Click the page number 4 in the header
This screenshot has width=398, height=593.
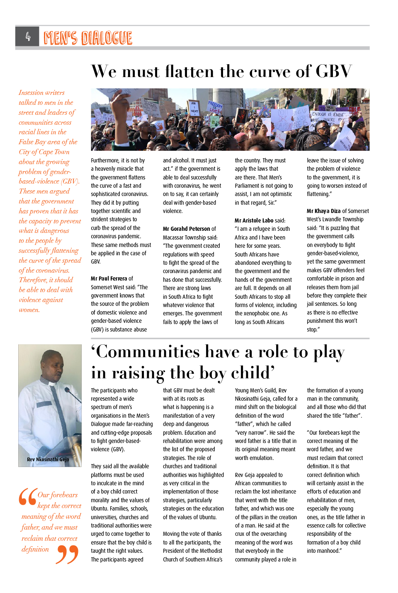(28, 37)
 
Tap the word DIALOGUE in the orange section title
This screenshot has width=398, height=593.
(107, 38)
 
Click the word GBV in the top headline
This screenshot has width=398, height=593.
(334, 71)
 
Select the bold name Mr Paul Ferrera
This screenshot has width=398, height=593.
(109, 278)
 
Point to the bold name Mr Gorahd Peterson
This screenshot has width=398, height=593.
(187, 229)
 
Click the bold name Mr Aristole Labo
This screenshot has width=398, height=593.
(254, 220)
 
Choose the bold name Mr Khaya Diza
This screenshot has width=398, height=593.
(323, 211)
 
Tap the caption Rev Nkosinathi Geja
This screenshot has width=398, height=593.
(48, 459)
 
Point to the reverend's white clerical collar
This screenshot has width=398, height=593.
(51, 383)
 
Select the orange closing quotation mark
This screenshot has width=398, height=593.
(67, 554)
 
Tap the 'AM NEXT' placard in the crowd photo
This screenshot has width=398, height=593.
(194, 108)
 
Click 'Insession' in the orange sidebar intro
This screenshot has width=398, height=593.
(31, 92)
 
